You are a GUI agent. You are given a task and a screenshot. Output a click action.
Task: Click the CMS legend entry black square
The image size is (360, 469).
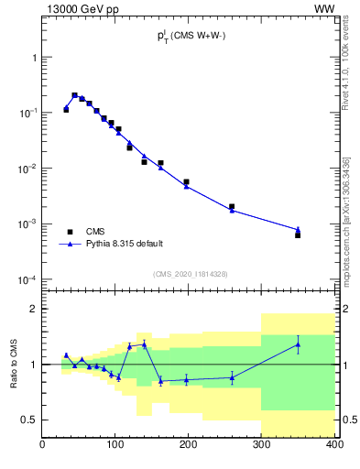(69, 232)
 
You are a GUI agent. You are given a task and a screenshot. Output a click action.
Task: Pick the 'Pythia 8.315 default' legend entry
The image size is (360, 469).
(124, 245)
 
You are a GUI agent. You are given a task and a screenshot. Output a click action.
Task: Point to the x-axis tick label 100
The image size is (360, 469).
(115, 446)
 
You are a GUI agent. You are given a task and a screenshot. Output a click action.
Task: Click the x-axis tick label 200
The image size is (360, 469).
(189, 446)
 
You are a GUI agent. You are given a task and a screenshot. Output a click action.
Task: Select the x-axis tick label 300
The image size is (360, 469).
(262, 446)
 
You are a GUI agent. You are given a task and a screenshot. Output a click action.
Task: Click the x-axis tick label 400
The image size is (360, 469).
(334, 446)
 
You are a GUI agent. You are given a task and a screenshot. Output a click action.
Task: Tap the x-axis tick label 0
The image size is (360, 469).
(43, 446)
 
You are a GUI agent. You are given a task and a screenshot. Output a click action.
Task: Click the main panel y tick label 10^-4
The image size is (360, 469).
(26, 279)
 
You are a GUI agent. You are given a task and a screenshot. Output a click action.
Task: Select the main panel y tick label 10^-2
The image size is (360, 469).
(26, 169)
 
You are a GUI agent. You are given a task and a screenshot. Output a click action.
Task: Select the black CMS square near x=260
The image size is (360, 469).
(232, 207)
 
